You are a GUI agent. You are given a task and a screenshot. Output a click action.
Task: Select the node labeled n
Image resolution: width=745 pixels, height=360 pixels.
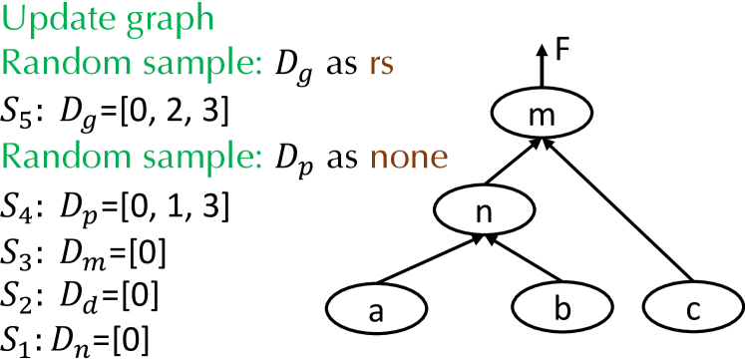[x=483, y=212]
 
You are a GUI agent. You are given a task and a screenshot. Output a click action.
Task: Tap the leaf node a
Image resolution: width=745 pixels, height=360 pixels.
[x=376, y=311]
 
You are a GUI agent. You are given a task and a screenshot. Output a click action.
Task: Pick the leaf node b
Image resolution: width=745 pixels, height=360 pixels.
[x=562, y=311]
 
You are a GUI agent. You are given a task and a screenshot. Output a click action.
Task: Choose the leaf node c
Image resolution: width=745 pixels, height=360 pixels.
[x=693, y=311]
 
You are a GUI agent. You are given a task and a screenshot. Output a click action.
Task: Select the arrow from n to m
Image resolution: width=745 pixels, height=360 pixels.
[x=515, y=164]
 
